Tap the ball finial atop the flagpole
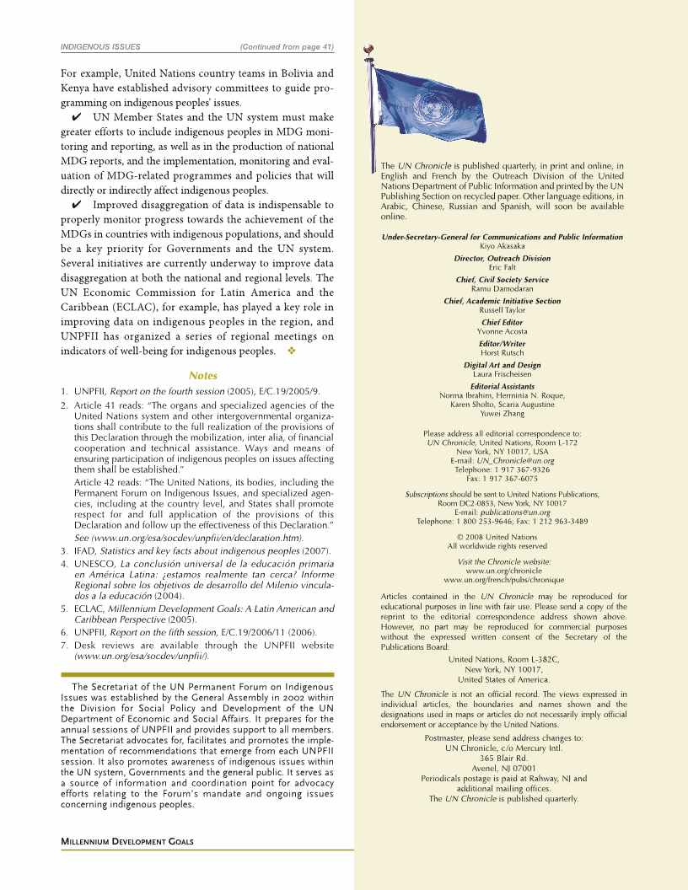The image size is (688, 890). point(368,49)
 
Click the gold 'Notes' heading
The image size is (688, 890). point(203,376)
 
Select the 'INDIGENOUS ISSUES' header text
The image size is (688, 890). point(100,46)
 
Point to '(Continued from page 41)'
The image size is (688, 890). point(287,46)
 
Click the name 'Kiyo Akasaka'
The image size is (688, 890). point(502,246)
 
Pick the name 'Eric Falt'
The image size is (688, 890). point(502,267)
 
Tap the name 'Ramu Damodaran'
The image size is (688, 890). point(502,288)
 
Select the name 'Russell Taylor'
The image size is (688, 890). point(502,310)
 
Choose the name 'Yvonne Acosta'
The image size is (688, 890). point(502,331)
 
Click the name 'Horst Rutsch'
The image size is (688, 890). point(502,352)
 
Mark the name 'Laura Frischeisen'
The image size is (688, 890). point(502,373)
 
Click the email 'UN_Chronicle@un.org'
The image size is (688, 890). point(515,460)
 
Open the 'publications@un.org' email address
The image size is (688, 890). point(514,512)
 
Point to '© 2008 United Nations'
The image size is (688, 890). point(502,537)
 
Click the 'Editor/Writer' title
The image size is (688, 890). point(502,344)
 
